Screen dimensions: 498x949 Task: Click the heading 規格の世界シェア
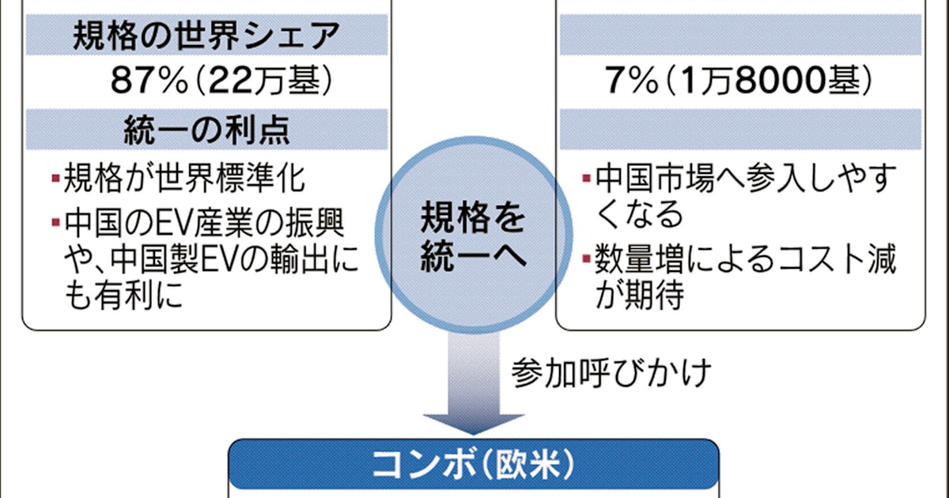tap(206, 36)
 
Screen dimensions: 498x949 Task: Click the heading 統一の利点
tap(207, 128)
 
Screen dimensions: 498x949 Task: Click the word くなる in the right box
tap(638, 214)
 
